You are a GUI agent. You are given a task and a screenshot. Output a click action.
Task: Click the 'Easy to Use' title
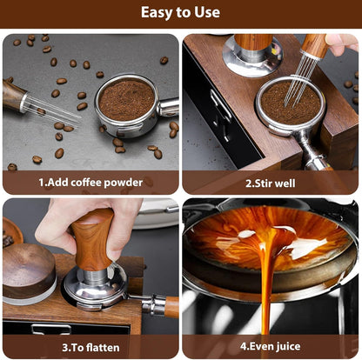pyautogui.click(x=180, y=13)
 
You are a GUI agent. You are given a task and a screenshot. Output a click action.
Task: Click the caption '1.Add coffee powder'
pyautogui.click(x=90, y=183)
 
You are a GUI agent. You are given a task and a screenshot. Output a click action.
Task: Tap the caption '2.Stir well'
pyautogui.click(x=270, y=183)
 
